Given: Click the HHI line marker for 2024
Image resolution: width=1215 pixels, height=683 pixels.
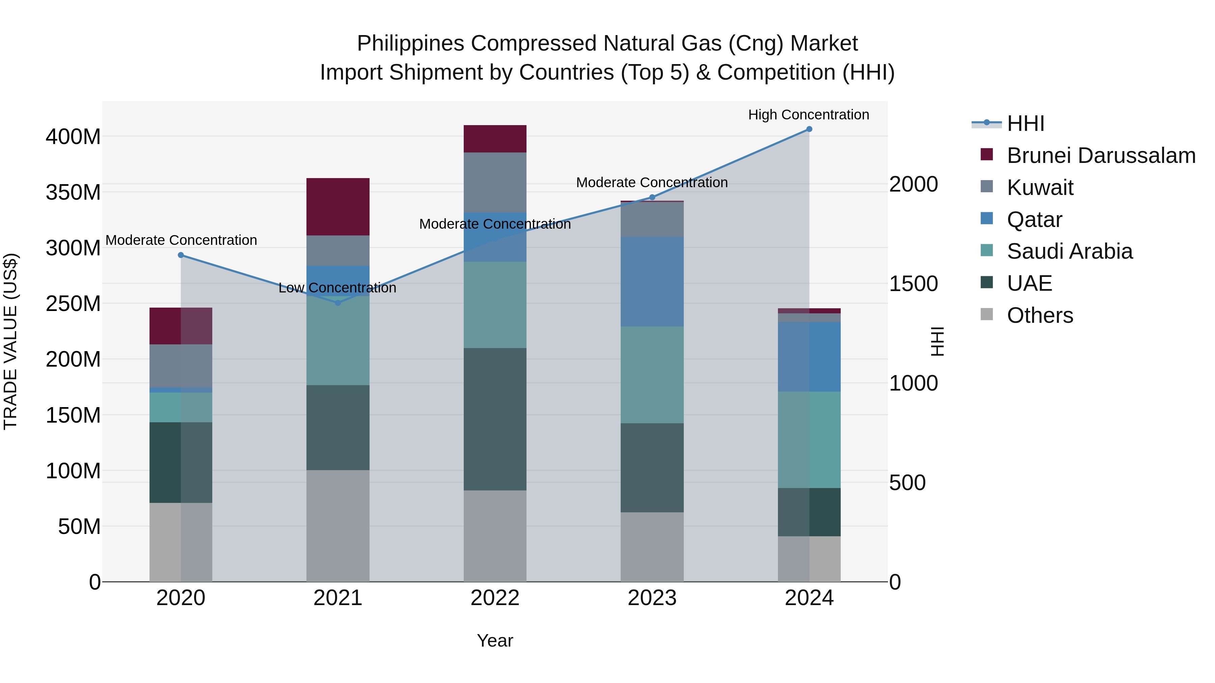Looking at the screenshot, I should coord(809,129).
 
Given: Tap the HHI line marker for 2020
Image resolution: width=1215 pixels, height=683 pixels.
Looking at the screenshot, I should coord(181,255).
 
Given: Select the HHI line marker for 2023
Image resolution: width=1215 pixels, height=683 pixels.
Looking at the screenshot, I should coord(652,198).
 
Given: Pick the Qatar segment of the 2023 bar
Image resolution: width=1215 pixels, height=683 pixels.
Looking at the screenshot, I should coord(652,281).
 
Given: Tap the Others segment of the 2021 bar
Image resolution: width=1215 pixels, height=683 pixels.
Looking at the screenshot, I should coord(338,525).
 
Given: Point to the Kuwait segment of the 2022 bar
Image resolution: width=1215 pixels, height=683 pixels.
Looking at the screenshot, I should coord(495,182).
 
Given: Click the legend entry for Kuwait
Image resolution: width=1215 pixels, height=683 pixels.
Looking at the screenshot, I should coord(1040,188).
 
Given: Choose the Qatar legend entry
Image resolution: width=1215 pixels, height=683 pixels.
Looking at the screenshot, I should coord(1034,220).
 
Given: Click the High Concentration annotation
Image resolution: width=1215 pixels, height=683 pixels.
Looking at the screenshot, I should coord(808,115).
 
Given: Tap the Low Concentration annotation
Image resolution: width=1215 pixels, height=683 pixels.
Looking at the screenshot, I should coord(337,287).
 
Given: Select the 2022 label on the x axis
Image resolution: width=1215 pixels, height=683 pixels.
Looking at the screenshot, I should coord(495,598).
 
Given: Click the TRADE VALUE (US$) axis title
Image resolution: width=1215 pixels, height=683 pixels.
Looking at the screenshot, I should coord(10,341).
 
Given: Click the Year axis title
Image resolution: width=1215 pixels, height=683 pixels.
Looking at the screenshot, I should coord(495,641).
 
